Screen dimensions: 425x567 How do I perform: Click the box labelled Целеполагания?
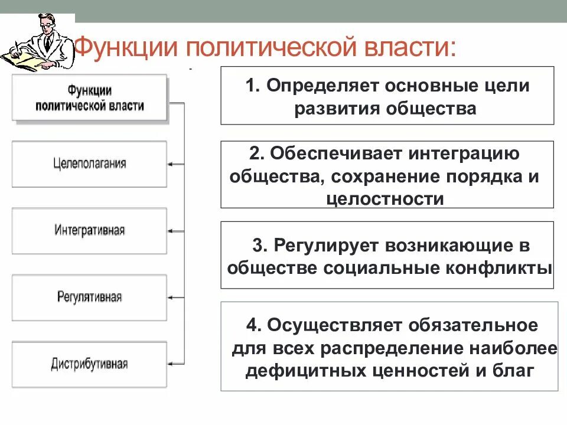tap(89, 164)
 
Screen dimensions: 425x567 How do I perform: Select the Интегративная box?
tap(89, 230)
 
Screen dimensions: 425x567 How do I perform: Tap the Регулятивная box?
tap(89, 297)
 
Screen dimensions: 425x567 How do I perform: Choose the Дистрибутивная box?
tap(89, 364)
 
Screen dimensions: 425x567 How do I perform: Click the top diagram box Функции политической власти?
tap(89, 98)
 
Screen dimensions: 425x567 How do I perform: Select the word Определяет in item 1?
tap(322, 86)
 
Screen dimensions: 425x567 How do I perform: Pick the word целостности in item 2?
tap(384, 198)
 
